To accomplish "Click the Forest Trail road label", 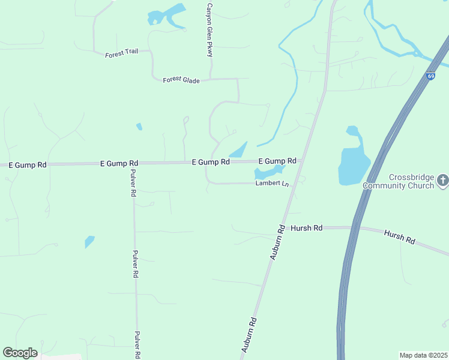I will click(x=121, y=53).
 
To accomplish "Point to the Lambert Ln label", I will click(x=272, y=184).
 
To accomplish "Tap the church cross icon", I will click(x=442, y=179).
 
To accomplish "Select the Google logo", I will click(x=20, y=352).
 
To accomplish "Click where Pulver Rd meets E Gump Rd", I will click(x=133, y=163).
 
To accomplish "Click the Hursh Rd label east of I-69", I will click(x=400, y=237).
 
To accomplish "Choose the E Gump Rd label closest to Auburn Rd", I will click(x=277, y=161).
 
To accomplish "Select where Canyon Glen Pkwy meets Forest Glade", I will click(x=209, y=79).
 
